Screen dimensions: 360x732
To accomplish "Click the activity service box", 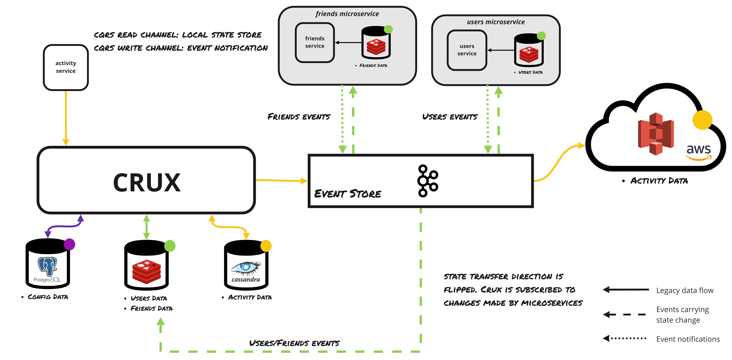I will [x=66, y=67].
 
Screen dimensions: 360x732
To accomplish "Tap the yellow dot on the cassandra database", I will [x=266, y=246].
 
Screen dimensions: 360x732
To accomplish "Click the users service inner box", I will [x=467, y=50].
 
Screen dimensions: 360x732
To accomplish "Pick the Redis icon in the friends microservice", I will [x=376, y=47].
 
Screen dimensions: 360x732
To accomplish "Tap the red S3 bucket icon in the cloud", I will [x=656, y=134].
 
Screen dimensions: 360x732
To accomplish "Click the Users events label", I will [x=450, y=117].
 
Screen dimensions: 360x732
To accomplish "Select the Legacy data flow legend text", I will [x=685, y=290].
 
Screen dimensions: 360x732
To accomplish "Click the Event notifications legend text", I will [x=688, y=339].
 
